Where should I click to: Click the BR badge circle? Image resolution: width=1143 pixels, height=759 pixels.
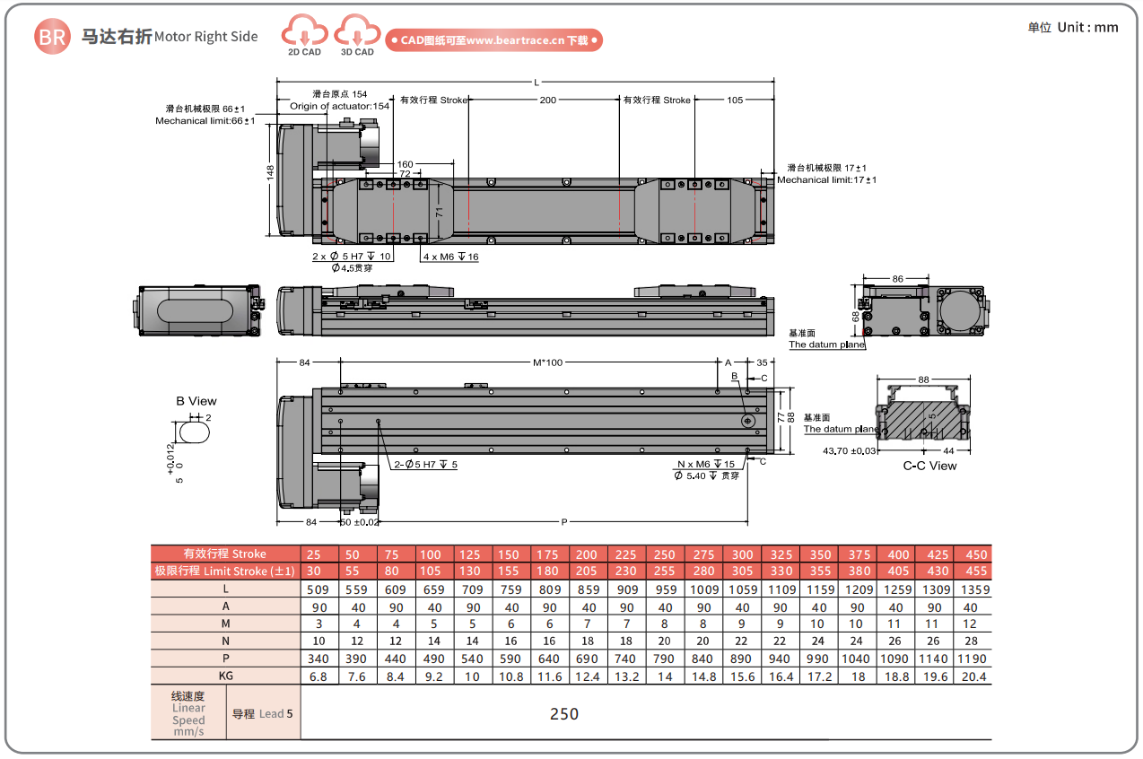(x=52, y=37)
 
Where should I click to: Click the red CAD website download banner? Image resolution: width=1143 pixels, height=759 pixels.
(x=493, y=40)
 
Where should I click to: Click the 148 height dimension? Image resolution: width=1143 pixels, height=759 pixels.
(x=270, y=172)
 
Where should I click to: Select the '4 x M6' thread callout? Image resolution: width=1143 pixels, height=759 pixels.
(x=450, y=257)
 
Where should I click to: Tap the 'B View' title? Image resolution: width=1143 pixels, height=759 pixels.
(x=196, y=401)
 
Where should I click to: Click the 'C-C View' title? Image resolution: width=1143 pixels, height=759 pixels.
(x=929, y=466)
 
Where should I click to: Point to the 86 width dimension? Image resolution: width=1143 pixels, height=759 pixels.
(x=897, y=279)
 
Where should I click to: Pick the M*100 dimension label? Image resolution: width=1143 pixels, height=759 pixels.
(x=547, y=362)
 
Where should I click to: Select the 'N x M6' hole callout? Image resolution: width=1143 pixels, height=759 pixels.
(x=705, y=464)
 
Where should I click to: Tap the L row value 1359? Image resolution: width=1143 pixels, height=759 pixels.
(x=975, y=589)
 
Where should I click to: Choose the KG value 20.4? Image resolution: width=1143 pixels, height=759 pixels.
(x=975, y=676)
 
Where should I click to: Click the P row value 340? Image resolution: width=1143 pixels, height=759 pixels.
(x=318, y=659)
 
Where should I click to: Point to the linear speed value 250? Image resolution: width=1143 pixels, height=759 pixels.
(x=563, y=714)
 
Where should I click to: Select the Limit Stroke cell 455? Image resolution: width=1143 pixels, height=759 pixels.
(x=975, y=571)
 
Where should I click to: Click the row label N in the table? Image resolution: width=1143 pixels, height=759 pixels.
(x=225, y=641)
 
